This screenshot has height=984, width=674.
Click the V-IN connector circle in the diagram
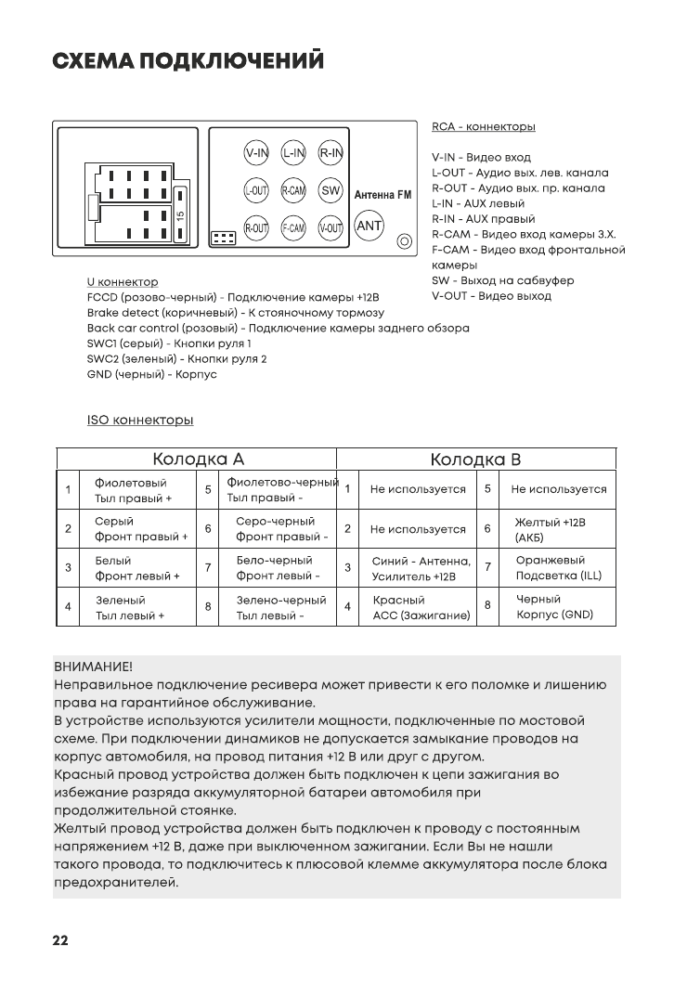[x=256, y=152]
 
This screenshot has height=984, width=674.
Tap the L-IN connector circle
[x=293, y=152]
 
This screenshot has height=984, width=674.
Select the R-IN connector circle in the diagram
[x=331, y=152]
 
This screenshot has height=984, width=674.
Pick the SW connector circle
[x=331, y=190]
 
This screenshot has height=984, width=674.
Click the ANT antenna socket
[x=369, y=226]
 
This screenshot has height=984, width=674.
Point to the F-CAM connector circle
[x=293, y=227]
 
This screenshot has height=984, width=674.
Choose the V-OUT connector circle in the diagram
[x=331, y=227]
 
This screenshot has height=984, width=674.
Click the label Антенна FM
[x=382, y=196]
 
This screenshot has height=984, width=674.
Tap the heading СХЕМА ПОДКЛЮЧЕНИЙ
[x=188, y=61]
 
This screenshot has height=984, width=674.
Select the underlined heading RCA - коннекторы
[x=483, y=126]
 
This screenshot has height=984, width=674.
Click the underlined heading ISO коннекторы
[x=140, y=421]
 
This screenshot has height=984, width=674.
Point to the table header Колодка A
[x=198, y=460]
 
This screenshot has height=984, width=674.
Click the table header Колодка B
[x=475, y=460]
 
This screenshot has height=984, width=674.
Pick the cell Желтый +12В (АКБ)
[x=550, y=530]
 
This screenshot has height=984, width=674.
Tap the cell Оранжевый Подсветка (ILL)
[x=557, y=568]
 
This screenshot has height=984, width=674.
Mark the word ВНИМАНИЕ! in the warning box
[x=93, y=667]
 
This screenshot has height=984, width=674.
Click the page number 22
[x=59, y=940]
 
